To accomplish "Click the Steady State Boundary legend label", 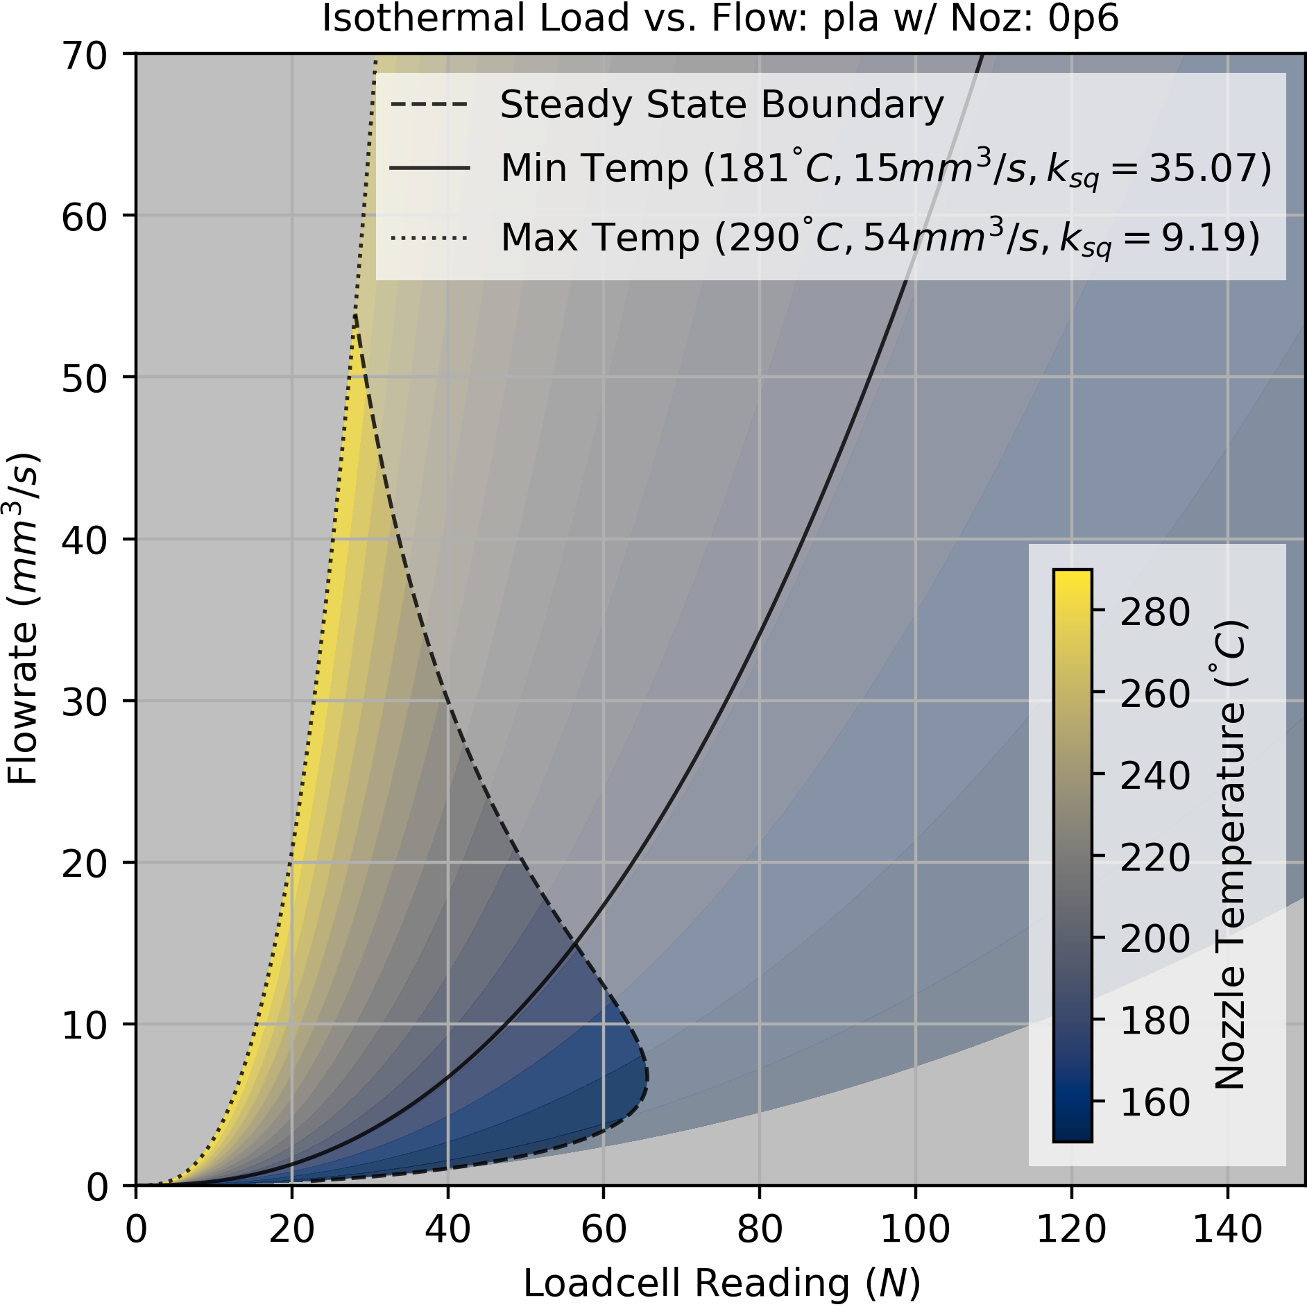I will (x=721, y=105).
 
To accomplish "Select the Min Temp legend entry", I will (x=886, y=169).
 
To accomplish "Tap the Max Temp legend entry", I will (x=880, y=238).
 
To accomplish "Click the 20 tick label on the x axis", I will (x=291, y=1229).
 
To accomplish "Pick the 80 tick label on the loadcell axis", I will (x=760, y=1229).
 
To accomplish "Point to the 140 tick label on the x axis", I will (x=1227, y=1229).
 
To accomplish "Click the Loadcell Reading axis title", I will (x=721, y=1283).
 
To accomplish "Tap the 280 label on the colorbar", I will (x=1154, y=612).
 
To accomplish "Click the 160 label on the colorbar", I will (x=1154, y=1102).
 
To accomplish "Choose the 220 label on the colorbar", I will (x=1154, y=857).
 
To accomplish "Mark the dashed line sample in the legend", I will (x=429, y=105).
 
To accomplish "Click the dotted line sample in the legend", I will (x=429, y=238).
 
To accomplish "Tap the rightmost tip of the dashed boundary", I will (x=647, y=1077).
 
